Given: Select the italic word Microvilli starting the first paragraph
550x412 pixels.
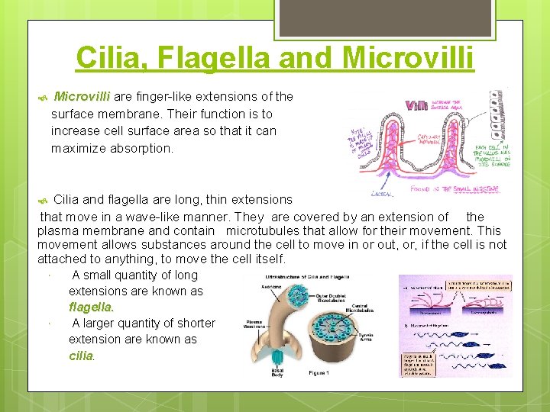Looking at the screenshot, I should point(82,97).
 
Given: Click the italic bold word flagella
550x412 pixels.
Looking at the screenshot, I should point(91,307).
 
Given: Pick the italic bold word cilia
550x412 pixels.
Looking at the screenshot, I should point(81,356).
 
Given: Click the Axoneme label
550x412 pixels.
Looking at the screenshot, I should point(264,288).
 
